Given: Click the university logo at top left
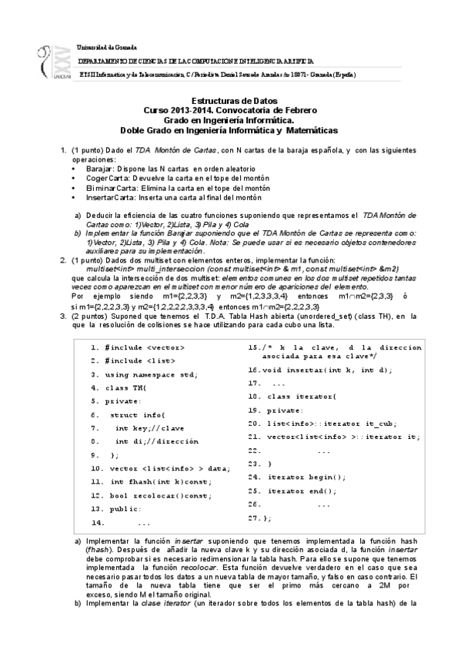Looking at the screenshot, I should [52, 60].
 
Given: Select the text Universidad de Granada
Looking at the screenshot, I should [109, 47].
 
